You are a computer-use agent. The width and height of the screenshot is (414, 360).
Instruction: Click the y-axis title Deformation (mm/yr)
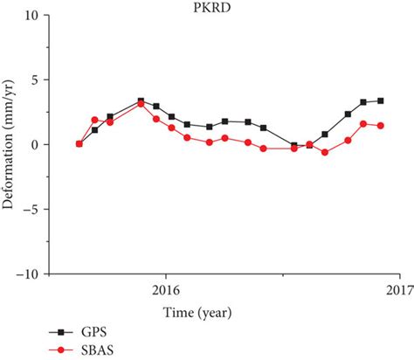(x=10, y=145)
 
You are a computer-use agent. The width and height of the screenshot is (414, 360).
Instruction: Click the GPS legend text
(x=93, y=334)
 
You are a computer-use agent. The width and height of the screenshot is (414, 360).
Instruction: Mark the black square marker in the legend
(x=59, y=334)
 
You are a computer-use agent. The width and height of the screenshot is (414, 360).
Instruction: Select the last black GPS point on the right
(x=380, y=100)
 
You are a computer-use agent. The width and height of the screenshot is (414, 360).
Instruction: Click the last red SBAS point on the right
(x=380, y=126)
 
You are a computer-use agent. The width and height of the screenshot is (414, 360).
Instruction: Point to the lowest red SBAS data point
(x=325, y=152)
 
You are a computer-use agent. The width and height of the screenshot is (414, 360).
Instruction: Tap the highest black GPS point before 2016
(x=141, y=101)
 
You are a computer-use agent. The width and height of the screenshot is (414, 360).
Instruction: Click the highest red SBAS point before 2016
(x=141, y=104)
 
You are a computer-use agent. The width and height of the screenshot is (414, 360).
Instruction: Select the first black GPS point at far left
(x=79, y=144)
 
